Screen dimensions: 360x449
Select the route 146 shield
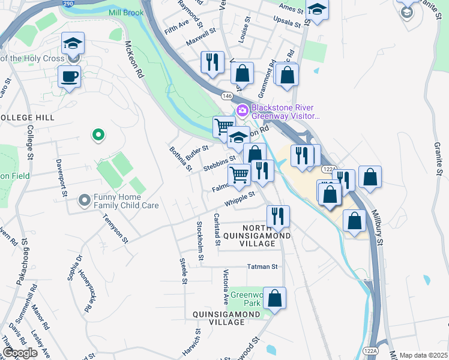tap(227, 96)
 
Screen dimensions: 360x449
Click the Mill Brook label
tap(126, 13)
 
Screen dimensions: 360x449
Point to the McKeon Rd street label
tap(133, 60)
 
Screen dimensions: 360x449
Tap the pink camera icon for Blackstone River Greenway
tap(243, 110)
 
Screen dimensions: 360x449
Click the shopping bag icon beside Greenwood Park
tap(274, 298)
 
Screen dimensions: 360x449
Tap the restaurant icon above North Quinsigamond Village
tap(277, 216)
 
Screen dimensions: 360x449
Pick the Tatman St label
tap(262, 266)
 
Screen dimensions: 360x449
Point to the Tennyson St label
tap(116, 230)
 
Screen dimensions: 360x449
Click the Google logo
tap(20, 353)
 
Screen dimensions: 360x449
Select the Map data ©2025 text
tap(423, 355)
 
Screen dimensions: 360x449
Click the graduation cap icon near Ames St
tap(317, 9)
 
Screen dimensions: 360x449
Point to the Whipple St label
tap(241, 197)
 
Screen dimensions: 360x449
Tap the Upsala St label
tap(286, 23)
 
